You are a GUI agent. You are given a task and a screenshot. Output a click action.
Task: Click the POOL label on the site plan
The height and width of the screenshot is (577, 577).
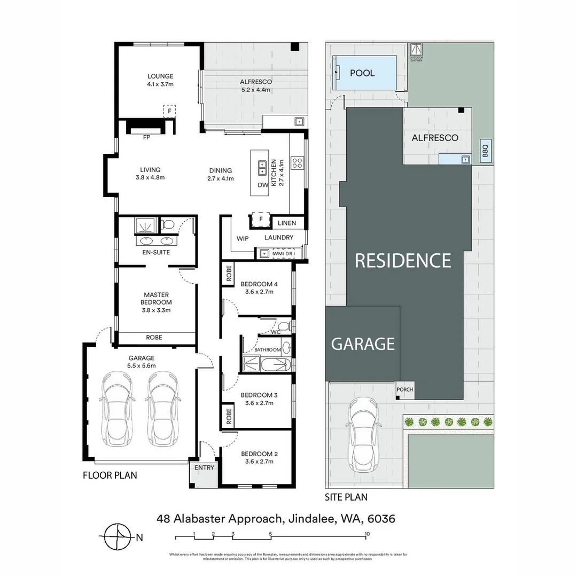[362, 73]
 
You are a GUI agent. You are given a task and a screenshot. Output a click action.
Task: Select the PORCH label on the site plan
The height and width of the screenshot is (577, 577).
[405, 389]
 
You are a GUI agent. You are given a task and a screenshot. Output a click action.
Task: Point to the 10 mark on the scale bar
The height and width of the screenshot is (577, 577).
[367, 534]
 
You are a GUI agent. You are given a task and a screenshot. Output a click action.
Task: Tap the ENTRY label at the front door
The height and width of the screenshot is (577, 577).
[204, 467]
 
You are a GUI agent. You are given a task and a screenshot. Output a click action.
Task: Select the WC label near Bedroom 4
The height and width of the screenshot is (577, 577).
[276, 332]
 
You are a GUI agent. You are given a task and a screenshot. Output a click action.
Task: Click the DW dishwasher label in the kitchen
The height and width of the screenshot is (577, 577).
[262, 185]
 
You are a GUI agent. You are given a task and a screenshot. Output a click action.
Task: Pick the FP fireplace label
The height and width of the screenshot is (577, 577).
[146, 137]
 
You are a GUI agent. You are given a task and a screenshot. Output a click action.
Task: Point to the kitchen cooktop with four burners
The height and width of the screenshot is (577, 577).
[297, 162]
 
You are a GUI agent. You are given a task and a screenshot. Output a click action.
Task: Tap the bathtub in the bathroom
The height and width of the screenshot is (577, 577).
[275, 365]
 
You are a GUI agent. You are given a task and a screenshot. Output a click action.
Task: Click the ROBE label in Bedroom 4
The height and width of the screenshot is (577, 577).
[229, 273]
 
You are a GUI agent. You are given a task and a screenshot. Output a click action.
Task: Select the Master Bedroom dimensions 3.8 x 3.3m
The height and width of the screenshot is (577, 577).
[156, 309]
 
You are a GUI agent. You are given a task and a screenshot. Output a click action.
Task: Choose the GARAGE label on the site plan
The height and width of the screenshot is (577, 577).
[363, 344]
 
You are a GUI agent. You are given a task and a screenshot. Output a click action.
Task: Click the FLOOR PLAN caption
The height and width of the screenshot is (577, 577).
[110, 475]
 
